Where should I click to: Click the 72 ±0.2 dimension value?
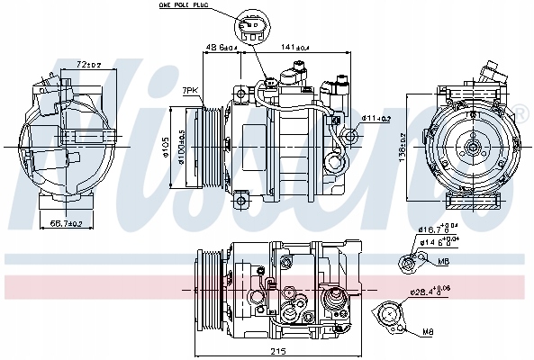(x=86, y=65)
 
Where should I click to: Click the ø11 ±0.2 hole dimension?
(x=376, y=118)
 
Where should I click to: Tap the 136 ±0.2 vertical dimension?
(x=402, y=146)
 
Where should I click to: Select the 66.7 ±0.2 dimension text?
(x=65, y=222)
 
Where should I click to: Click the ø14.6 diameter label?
(x=439, y=242)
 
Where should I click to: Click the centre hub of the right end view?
(x=472, y=146)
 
